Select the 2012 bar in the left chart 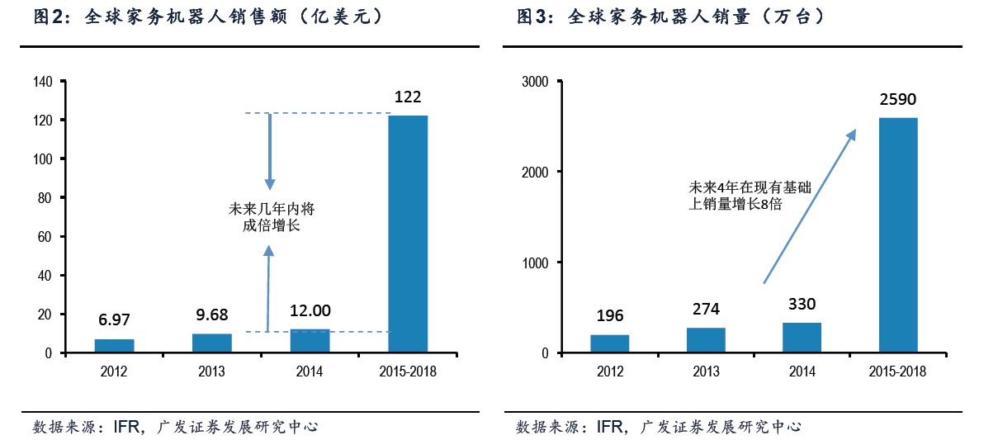(114, 346)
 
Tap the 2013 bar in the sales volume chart (706, 340)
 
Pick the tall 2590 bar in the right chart (897, 235)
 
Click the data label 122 (408, 97)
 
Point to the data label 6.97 (114, 319)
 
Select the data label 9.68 (211, 314)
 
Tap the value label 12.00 (310, 310)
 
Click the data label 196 (609, 315)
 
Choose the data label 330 (802, 304)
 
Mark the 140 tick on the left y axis (43, 82)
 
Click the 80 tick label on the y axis (46, 198)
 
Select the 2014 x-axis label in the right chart (802, 371)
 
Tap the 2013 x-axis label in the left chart (211, 371)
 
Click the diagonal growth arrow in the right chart (808, 206)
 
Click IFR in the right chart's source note (610, 427)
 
